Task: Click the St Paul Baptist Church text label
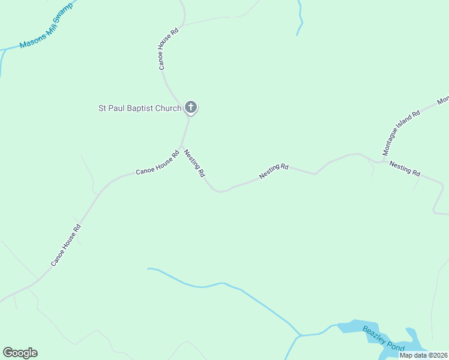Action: [140, 109]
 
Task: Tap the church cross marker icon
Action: [190, 108]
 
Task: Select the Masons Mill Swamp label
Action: [46, 26]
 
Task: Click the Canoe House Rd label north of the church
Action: [169, 49]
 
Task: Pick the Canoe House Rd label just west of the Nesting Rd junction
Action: [157, 163]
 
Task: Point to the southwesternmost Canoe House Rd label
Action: [65, 245]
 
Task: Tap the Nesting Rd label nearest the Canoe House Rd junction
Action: [194, 163]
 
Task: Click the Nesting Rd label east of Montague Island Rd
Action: [405, 168]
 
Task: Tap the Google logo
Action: [20, 353]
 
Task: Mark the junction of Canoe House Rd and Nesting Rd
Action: [181, 146]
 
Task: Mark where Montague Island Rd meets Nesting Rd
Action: [382, 161]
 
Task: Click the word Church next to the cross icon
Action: [169, 109]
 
